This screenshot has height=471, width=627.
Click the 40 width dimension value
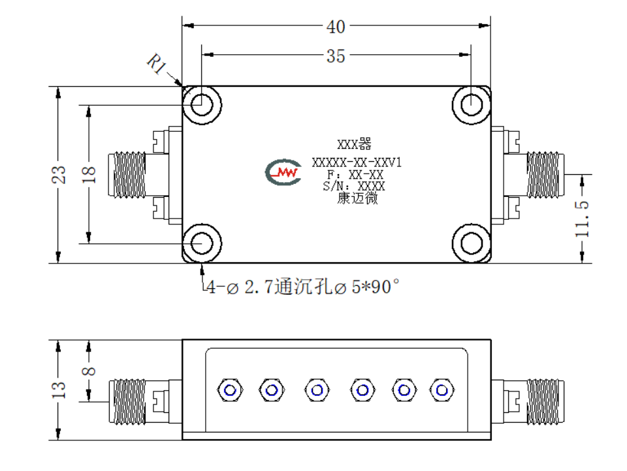pos(336,27)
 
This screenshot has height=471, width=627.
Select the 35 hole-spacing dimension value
pos(336,56)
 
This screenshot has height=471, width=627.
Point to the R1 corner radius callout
pos(157,64)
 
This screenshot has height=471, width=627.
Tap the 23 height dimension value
pos(58,175)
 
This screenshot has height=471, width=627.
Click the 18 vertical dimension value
pos(89,175)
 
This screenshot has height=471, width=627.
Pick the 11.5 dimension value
pos(582,219)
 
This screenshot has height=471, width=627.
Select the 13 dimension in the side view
pos(58,389)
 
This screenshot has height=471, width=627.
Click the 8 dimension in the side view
pos(89,371)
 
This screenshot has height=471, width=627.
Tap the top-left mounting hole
pos(202,104)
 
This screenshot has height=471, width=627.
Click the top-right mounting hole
pos(472,104)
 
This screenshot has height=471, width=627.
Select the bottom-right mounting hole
pos(472,243)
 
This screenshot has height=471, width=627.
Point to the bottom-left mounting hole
pos(202,243)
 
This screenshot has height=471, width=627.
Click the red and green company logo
pos(283,172)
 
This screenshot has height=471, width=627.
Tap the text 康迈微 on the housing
pos(357,198)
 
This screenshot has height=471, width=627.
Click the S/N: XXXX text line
pos(354,186)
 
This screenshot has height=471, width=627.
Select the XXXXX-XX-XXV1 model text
pos(357,162)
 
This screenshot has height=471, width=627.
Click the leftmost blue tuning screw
pos(230,390)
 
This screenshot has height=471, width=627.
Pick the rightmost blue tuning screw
pos(442,390)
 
